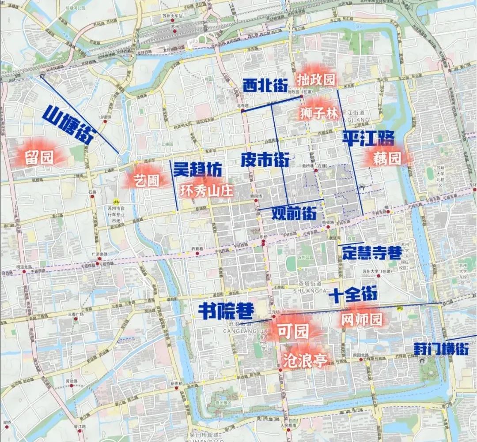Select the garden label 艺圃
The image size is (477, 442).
coord(147,180)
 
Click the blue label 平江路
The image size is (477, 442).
coord(368,139)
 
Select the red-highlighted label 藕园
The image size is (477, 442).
coord(387,158)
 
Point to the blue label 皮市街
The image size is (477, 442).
coord(265,159)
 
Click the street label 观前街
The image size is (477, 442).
coord(294,214)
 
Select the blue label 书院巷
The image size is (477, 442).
coord(226,311)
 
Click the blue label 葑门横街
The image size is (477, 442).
coord(441,348)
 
